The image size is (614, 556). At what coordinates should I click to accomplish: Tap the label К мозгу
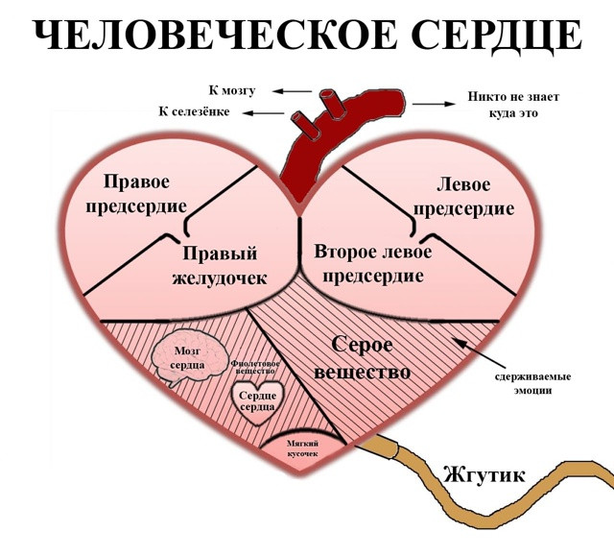tap(232, 90)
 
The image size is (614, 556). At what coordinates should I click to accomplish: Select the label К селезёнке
tap(194, 111)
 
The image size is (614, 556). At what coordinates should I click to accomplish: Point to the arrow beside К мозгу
tap(292, 91)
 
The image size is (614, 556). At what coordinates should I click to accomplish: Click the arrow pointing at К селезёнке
tap(263, 113)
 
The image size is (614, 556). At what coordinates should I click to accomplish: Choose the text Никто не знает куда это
tap(513, 105)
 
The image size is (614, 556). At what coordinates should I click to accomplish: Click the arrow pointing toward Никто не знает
tap(434, 104)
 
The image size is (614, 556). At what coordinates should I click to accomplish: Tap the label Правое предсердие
tap(136, 194)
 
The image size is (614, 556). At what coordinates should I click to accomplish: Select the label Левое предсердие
tap(463, 197)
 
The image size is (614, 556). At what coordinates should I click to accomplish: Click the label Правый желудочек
tap(220, 266)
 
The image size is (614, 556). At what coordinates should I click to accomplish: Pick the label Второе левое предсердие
tap(373, 264)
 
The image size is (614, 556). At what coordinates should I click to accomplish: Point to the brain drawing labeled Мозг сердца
tap(189, 357)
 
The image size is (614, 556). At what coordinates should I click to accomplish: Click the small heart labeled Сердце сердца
tap(257, 402)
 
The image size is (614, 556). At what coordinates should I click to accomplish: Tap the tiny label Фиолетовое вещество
tap(255, 367)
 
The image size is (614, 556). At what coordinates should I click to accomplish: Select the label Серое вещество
tap(363, 358)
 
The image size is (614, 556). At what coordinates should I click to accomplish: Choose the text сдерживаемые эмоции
tap(532, 383)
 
